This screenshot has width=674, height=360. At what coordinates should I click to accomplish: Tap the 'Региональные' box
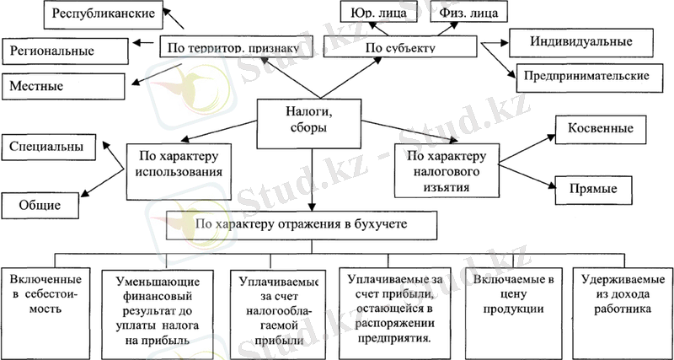coord(65,51)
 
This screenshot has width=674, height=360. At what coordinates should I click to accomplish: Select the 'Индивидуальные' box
coord(580,40)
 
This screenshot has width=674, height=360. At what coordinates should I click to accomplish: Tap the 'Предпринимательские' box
coord(586,75)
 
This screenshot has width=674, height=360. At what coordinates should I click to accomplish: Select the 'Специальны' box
coord(47,147)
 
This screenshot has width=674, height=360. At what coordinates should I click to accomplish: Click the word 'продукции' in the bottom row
coord(512,309)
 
